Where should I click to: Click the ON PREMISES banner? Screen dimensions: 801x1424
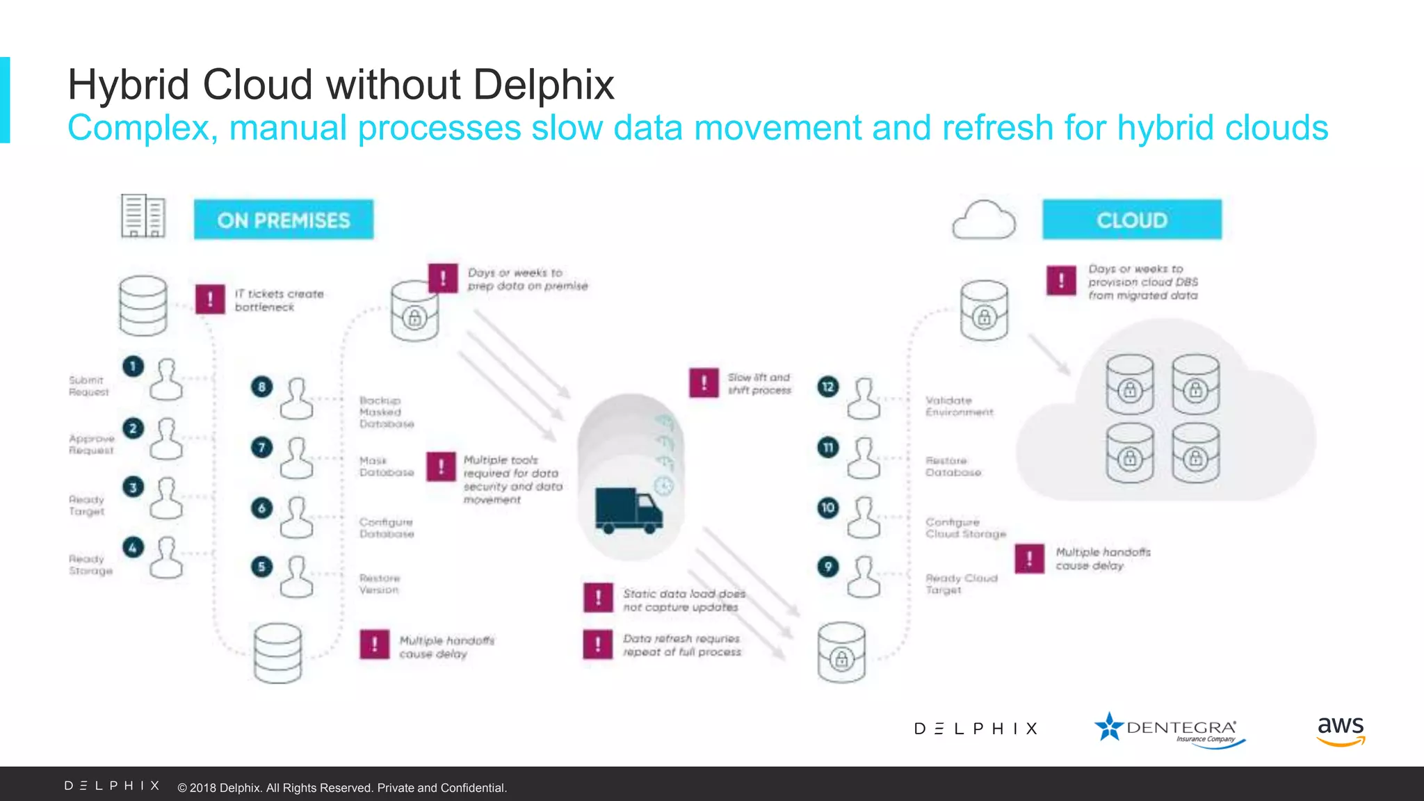(283, 220)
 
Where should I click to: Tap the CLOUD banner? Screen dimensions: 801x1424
(1131, 220)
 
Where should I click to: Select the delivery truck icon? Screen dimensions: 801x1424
(629, 510)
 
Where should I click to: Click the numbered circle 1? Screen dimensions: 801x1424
(133, 366)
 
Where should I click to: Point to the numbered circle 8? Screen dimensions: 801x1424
(261, 387)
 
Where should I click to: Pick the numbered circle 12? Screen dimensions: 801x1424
(827, 387)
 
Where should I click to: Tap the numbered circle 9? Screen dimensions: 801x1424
(827, 567)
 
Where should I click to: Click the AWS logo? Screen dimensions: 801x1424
(1341, 731)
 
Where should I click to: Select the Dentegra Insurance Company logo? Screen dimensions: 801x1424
(1170, 729)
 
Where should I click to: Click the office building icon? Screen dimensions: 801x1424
(143, 216)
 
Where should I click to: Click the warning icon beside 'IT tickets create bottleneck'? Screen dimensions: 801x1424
(210, 300)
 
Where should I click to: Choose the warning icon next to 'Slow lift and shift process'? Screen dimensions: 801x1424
(704, 383)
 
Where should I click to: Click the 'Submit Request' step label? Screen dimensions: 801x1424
(88, 386)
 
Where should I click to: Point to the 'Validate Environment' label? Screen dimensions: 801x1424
(959, 406)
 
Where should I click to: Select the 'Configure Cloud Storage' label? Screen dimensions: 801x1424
(965, 528)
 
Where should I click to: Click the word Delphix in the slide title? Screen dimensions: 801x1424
(544, 85)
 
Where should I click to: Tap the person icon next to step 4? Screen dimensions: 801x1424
(167, 558)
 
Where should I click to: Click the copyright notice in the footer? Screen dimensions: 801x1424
(342, 788)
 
